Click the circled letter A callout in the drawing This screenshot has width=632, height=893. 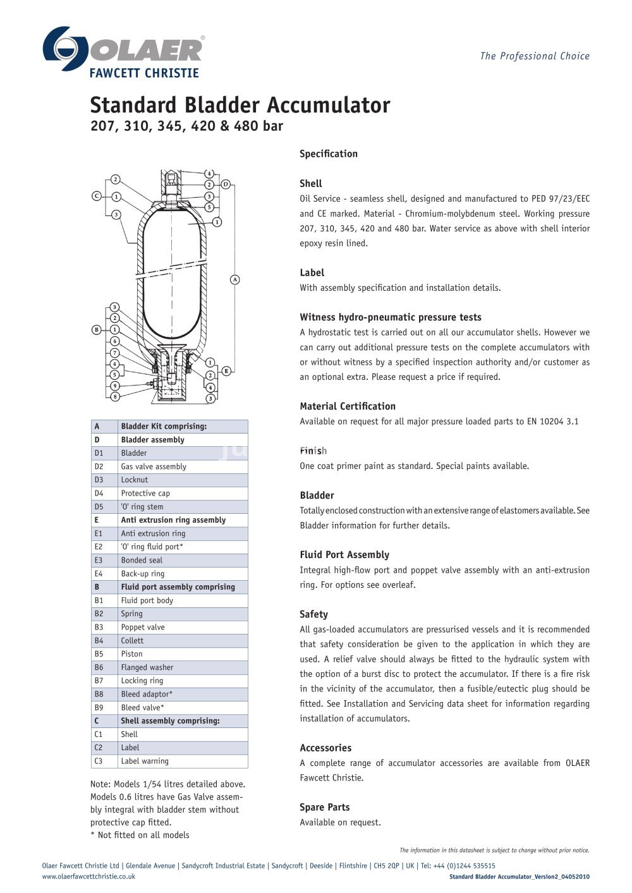[x=234, y=279]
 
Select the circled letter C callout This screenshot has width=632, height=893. [x=97, y=196]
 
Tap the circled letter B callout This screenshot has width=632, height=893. [x=97, y=329]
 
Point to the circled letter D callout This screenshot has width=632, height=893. [x=226, y=185]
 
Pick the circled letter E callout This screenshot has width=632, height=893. [x=226, y=371]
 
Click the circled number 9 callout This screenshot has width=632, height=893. [x=115, y=386]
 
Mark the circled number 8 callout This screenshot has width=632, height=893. [x=115, y=397]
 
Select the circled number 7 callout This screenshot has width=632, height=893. [x=115, y=353]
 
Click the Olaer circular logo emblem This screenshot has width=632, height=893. [x=65, y=49]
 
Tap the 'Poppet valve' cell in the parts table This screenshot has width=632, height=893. [x=143, y=628]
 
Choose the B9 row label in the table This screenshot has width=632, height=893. [x=99, y=708]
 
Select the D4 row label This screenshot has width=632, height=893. [x=99, y=494]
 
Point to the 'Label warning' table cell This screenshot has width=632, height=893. [x=145, y=762]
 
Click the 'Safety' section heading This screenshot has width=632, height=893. [x=313, y=614]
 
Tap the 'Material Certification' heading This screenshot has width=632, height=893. [x=348, y=406]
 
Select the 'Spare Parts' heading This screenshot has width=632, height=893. [x=324, y=807]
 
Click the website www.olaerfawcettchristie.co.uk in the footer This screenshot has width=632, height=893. [x=88, y=877]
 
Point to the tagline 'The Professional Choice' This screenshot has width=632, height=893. [x=535, y=56]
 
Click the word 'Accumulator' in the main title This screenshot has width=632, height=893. [x=328, y=105]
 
